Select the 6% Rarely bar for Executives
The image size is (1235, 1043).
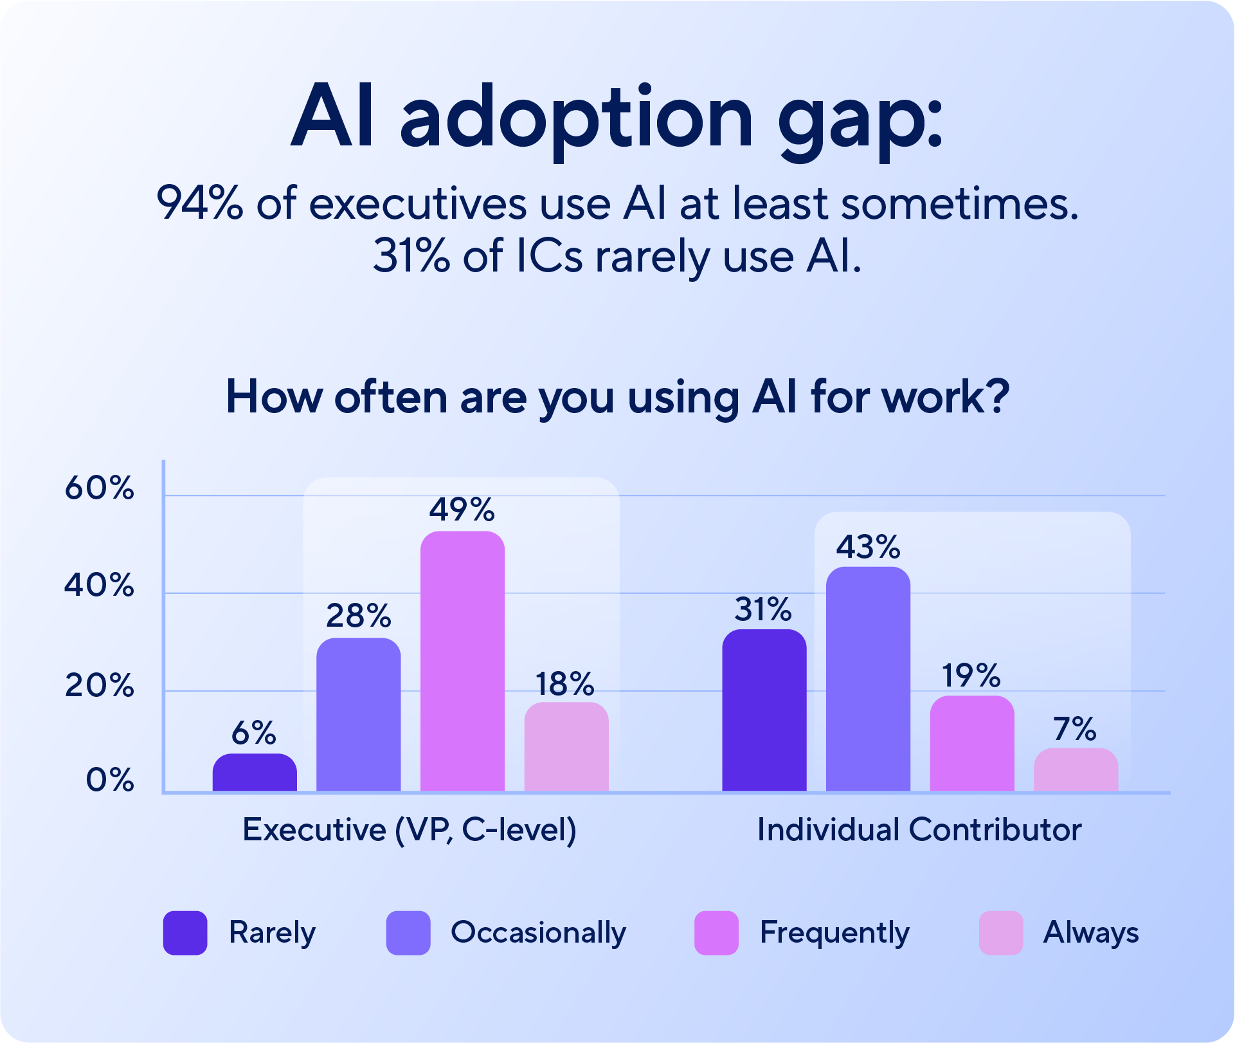[255, 773]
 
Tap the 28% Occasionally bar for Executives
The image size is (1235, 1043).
[359, 715]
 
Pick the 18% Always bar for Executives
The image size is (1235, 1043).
[566, 747]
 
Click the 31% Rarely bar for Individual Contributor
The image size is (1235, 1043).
[764, 710]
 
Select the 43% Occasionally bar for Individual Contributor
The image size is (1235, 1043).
[868, 679]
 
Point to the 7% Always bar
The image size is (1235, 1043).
[1076, 770]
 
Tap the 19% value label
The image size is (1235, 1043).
[971, 676]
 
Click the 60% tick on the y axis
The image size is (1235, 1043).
[99, 488]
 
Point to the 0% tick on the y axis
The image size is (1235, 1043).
[110, 780]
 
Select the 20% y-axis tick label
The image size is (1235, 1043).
[99, 686]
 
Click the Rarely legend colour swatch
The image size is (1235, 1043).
[185, 933]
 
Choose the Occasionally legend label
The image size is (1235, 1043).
[538, 933]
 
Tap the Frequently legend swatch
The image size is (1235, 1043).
[716, 933]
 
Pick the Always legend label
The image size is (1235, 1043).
[1090, 933]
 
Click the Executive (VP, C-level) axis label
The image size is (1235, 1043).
[410, 830]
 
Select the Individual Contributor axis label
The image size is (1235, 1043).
[919, 830]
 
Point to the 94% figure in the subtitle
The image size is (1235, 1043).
[200, 204]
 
